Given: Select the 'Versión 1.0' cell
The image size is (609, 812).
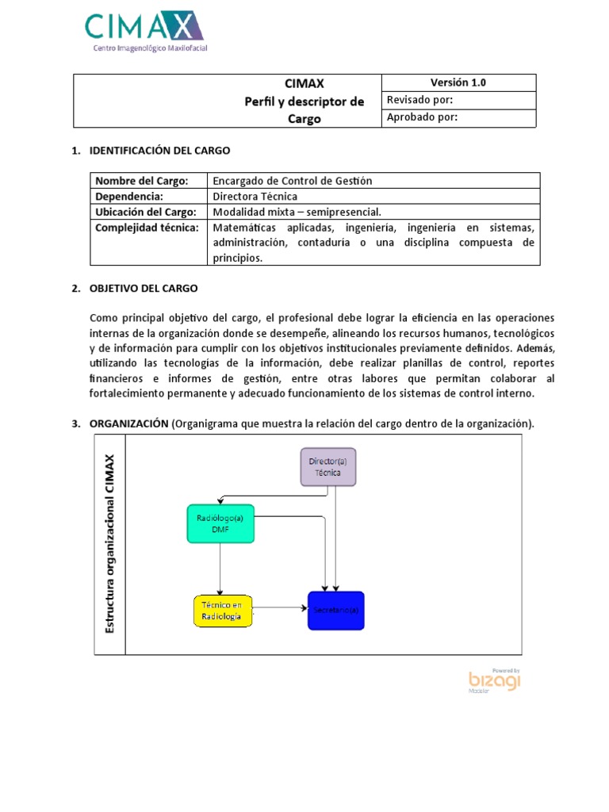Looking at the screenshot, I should pos(458,82).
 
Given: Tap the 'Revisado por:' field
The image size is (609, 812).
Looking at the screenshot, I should pos(458,100).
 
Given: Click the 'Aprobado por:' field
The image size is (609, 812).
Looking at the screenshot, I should pos(458,117).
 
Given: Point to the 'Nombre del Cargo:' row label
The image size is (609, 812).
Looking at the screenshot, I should pos(141,181).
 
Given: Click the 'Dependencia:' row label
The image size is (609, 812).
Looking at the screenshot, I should pos(129,196).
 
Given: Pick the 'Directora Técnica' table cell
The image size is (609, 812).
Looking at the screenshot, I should pos(255,196).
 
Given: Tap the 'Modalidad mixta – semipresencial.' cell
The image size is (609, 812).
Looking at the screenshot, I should pos(297,212).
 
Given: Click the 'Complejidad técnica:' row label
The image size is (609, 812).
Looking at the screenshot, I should pos(147,228).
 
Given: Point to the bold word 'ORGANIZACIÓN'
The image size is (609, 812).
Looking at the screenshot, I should pos(129,424).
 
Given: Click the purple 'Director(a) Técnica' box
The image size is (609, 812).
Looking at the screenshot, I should pos(328,466).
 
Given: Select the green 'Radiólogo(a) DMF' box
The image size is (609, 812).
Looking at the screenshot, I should pos(220,523).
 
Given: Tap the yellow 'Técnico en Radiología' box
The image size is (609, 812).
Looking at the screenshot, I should pos(223,611).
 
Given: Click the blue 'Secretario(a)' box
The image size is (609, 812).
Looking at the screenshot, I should pos(335,611).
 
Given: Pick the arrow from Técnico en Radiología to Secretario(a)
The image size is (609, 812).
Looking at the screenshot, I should pos(280,608).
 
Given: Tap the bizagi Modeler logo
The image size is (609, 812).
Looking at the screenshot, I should pos(495,680).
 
